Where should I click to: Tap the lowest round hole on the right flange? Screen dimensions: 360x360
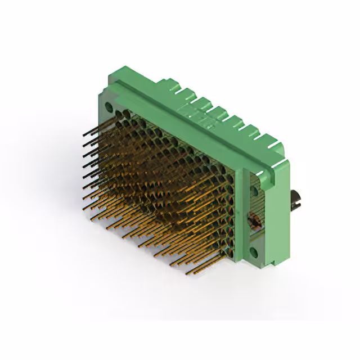coord(254,252)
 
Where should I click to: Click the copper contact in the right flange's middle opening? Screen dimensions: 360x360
coord(254,219)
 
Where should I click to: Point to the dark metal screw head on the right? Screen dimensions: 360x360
coord(295,198)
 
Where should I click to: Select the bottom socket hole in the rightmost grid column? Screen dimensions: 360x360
coord(231,247)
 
